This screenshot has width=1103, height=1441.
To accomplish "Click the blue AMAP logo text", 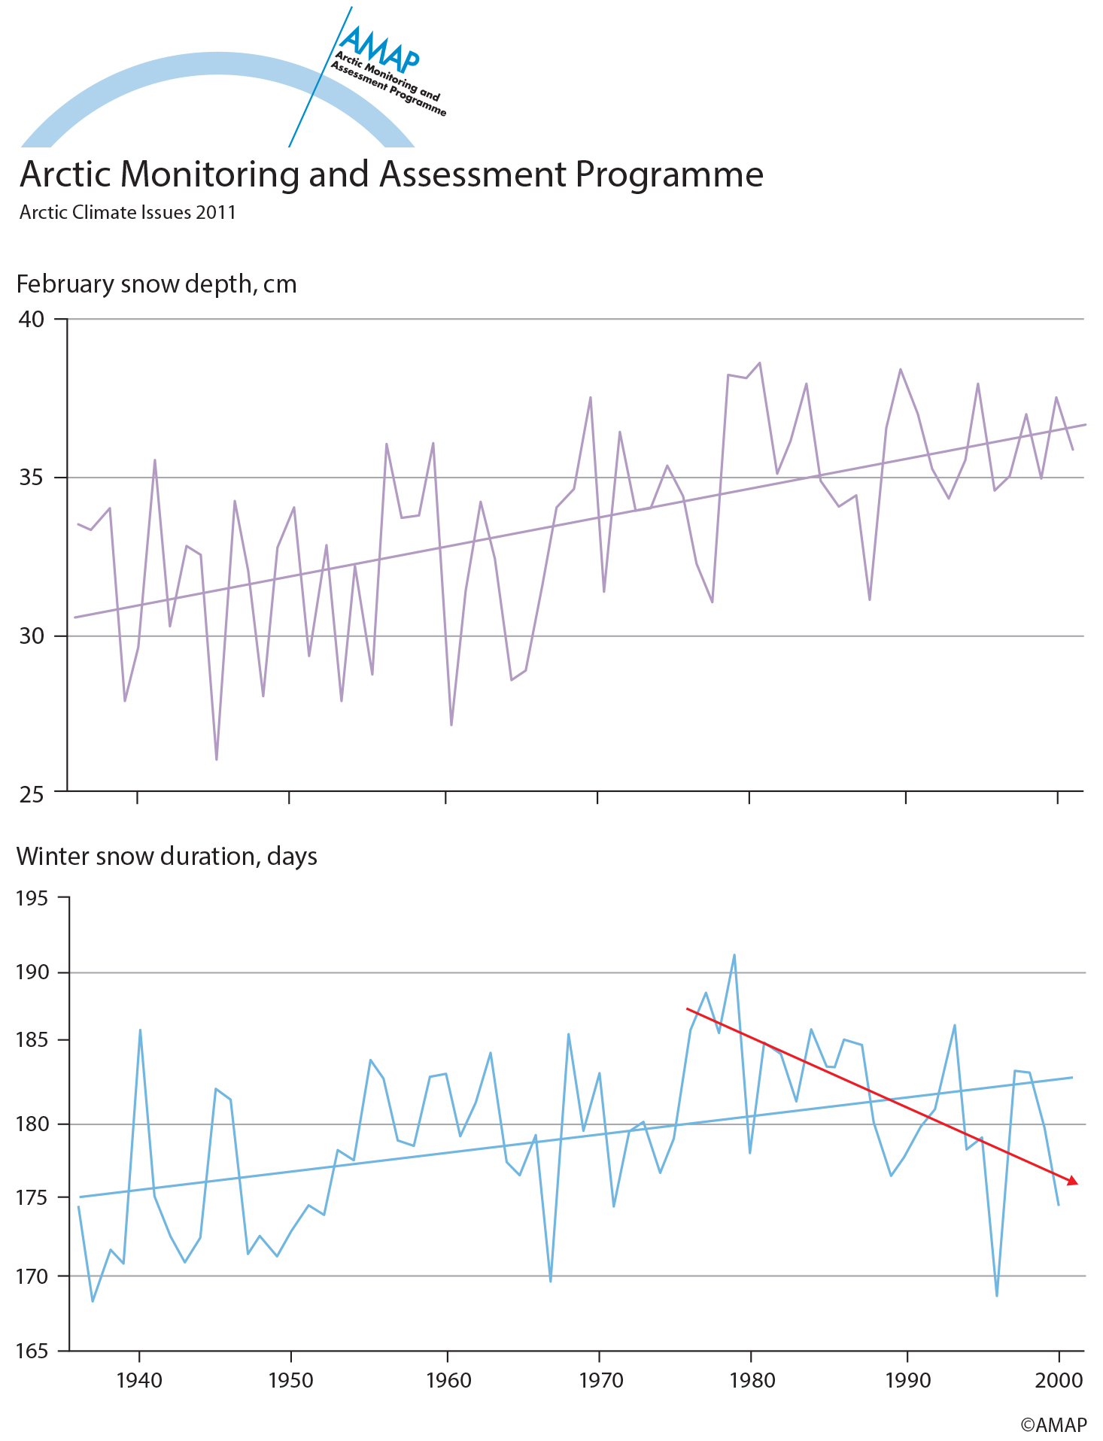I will pyautogui.click(x=378, y=47).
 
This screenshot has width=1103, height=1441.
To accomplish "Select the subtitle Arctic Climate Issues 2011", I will pyautogui.click(x=128, y=213).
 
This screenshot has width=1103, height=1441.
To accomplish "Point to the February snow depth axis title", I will pyautogui.click(x=156, y=284).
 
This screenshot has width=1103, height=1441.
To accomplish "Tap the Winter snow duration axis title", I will pyautogui.click(x=167, y=857).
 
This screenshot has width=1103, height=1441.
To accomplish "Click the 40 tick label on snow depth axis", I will pyautogui.click(x=32, y=319).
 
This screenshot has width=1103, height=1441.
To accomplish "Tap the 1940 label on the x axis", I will pyautogui.click(x=140, y=1381).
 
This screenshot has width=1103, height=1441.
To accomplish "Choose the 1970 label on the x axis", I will pyautogui.click(x=601, y=1381).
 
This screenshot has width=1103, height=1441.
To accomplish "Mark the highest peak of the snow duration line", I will pyautogui.click(x=734, y=955).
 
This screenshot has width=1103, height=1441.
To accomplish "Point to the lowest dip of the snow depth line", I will pyautogui.click(x=217, y=760).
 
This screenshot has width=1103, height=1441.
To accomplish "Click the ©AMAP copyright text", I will pyautogui.click(x=1053, y=1424).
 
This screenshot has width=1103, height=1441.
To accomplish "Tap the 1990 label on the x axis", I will pyautogui.click(x=908, y=1381).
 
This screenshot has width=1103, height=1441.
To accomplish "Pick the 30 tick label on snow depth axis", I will pyautogui.click(x=32, y=636).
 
